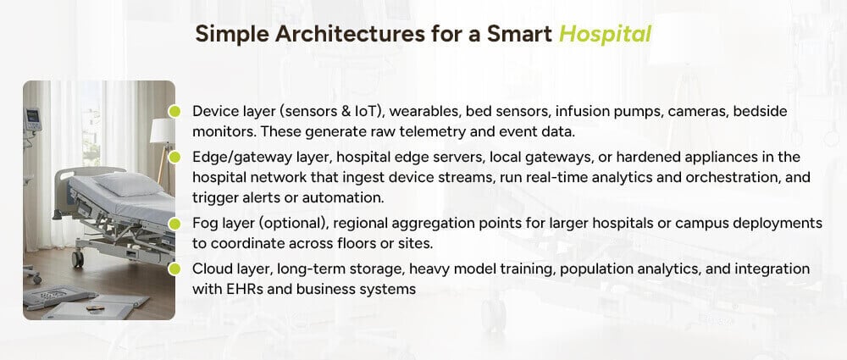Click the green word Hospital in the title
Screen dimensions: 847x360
coord(605,34)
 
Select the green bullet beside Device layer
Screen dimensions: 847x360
coord(174,111)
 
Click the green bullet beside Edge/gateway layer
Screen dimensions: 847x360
coord(174,157)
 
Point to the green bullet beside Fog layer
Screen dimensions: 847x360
coord(174,224)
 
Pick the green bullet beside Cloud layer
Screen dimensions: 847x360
coord(174,269)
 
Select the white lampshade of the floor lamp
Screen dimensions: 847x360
coord(162,130)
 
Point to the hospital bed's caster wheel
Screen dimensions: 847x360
coord(78,259)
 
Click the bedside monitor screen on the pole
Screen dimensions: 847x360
coord(33,117)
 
